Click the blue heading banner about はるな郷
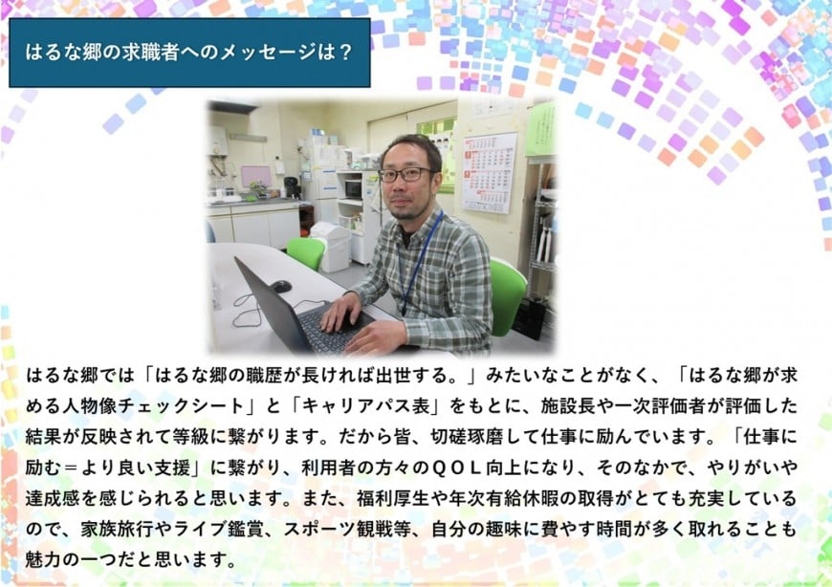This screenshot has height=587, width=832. pos(189,53)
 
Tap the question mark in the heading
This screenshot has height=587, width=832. pos(345,52)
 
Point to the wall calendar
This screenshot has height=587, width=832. pos(489,172)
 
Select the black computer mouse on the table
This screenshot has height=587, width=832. pos(281,287)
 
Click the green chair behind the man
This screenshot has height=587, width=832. pos(507,295)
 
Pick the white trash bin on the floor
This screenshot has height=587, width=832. pos(331,247)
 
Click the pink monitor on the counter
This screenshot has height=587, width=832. pos(255,176)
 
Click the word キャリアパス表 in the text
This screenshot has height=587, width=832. pos(365,405)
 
